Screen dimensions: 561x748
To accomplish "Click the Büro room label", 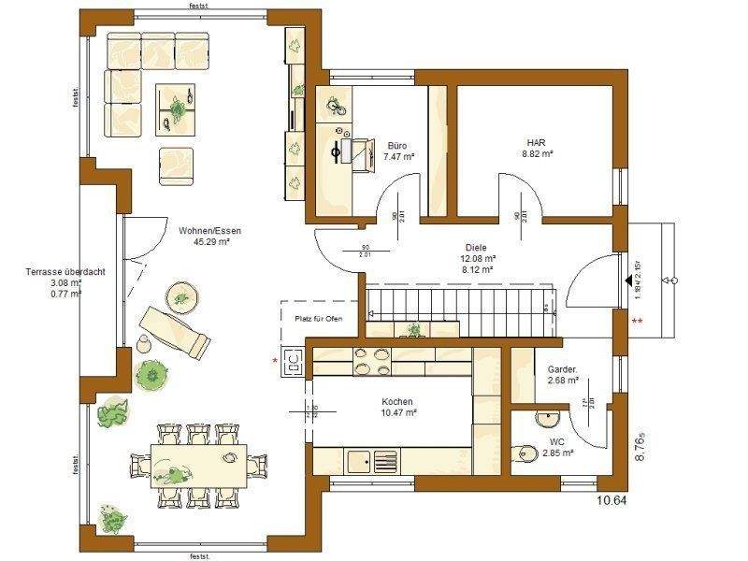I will tap(396, 146).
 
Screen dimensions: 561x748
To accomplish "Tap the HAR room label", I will tap(537, 145).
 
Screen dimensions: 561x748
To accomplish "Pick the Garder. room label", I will tap(562, 370).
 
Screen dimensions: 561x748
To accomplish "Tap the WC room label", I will tap(557, 442).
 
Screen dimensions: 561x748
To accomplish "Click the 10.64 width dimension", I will tap(612, 501).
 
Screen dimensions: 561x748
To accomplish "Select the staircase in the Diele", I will tap(458, 303).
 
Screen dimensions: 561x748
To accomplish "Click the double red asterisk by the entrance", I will tap(639, 322).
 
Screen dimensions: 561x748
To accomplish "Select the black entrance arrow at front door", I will tap(626, 280).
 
